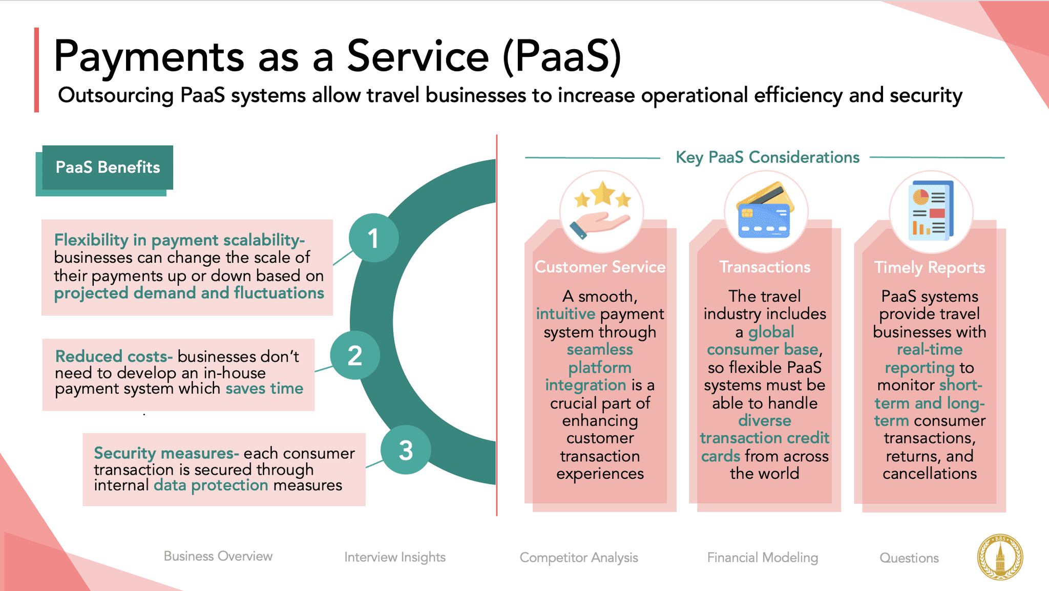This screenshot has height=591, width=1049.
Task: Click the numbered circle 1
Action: pos(373,238)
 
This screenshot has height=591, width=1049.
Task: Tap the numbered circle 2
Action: pos(354,355)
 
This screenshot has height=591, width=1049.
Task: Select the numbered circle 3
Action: pos(406,450)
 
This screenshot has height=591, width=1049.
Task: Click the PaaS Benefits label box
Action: pos(108,167)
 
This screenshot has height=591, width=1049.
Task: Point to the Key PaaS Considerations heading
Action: pos(767,157)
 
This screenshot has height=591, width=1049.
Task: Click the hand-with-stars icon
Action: pos(601,210)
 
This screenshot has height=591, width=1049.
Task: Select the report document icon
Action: pos(930,211)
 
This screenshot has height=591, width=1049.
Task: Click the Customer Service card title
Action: pos(600,267)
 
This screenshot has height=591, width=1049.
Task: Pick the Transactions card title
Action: pos(765,267)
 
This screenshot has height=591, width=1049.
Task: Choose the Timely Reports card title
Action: pos(929,267)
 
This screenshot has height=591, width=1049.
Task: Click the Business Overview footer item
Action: pos(218,556)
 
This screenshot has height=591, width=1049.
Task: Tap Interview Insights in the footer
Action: pos(395,557)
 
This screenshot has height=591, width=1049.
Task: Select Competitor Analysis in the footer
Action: pos(579,558)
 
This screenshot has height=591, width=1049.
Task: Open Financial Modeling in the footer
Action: pos(762,558)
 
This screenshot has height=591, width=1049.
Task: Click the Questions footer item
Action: pos(909,558)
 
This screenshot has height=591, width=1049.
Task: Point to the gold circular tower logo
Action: pos(1000,557)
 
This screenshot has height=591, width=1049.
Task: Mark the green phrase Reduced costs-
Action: pos(114,356)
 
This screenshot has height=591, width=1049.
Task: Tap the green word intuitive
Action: pos(565,313)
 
